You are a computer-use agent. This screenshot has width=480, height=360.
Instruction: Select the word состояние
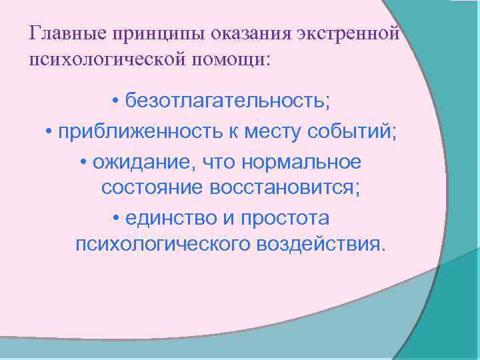(153, 189)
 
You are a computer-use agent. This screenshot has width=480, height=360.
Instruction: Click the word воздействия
(320, 245)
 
